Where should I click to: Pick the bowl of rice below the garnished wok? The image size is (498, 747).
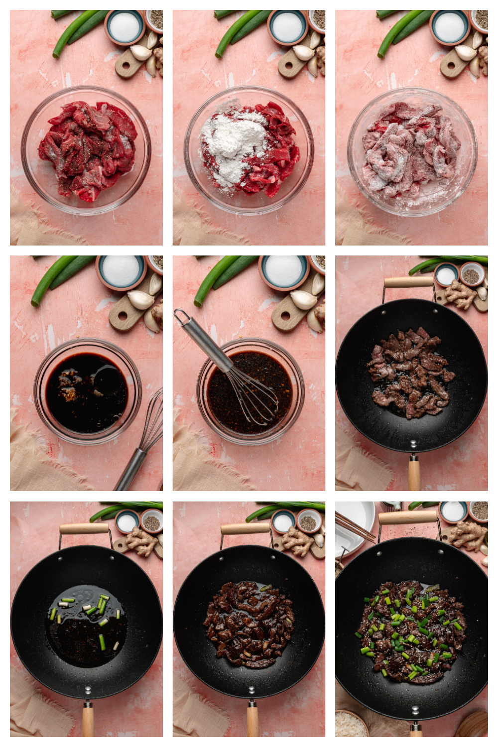pos(351,725)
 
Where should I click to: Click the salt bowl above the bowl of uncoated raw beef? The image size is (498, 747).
pos(124,26)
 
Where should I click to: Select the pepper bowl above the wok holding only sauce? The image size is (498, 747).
pos(151,522)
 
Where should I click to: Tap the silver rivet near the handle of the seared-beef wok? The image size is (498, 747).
pos(412,443)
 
